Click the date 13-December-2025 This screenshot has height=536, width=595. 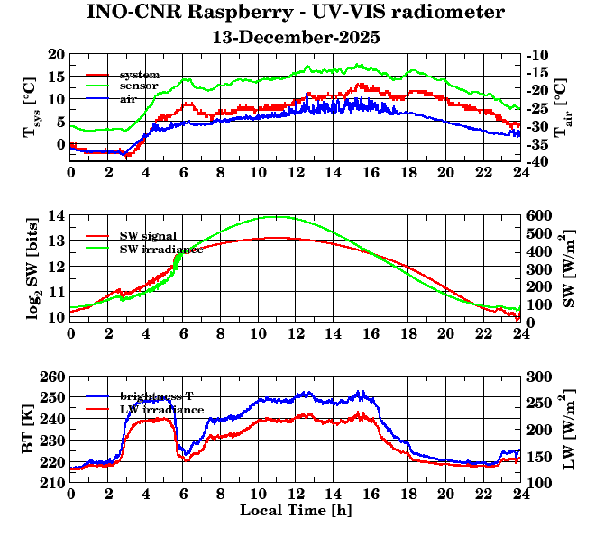click(296, 38)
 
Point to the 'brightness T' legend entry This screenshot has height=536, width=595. click(157, 396)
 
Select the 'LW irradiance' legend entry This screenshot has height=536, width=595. click(161, 409)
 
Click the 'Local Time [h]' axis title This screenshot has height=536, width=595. click(295, 511)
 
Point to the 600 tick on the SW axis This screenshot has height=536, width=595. click(539, 215)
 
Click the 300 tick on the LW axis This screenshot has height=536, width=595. click(539, 377)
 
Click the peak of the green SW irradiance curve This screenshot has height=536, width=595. click(275, 216)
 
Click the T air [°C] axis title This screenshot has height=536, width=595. click(561, 108)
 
